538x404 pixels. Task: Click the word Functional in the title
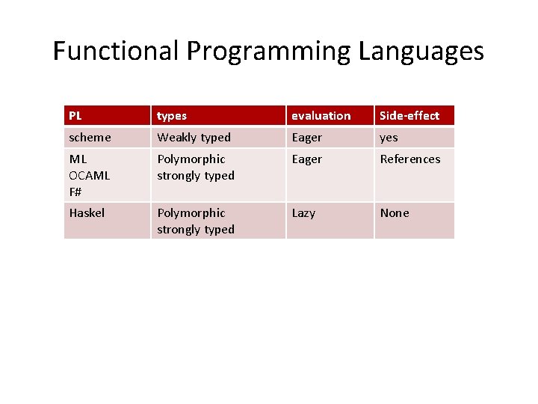tap(117, 52)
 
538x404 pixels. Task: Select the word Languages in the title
tap(421, 52)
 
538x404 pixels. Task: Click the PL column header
tap(75, 116)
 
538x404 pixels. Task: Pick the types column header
tap(172, 116)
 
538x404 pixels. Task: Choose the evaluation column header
tap(321, 116)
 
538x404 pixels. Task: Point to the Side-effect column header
tap(409, 116)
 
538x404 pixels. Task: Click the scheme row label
tap(90, 138)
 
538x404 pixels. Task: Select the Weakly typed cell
tap(194, 138)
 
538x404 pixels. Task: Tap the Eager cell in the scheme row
tap(307, 138)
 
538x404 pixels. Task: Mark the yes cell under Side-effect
tap(389, 138)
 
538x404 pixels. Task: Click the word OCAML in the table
tap(89, 175)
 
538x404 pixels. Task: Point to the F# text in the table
tap(75, 192)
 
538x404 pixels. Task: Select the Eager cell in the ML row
tap(307, 159)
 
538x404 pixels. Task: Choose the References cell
tap(410, 159)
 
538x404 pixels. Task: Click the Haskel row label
tap(87, 213)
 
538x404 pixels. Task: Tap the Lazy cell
tap(303, 213)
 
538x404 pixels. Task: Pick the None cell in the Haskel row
tap(395, 213)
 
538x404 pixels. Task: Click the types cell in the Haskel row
tap(195, 221)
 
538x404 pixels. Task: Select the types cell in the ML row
tap(195, 168)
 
